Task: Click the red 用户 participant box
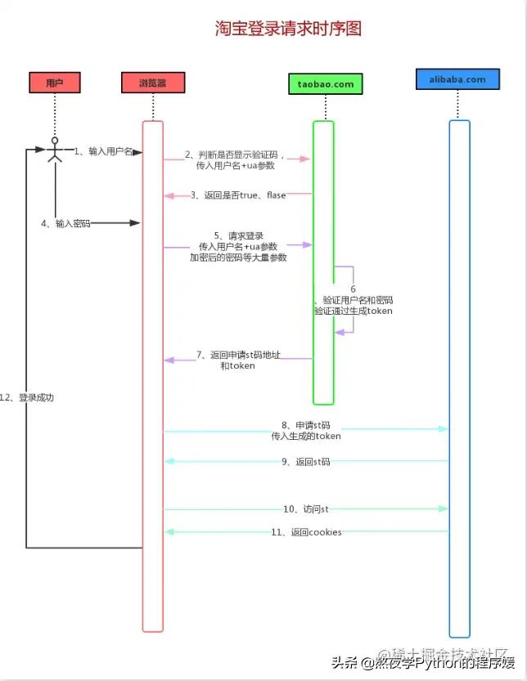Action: (55, 83)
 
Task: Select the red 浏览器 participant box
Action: (153, 83)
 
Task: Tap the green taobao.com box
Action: (326, 83)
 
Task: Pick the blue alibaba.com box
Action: (457, 80)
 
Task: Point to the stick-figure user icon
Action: (55, 150)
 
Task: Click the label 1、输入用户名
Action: (103, 151)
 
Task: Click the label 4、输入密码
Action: (66, 223)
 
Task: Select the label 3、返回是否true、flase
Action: (238, 195)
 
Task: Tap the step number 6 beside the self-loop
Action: (353, 289)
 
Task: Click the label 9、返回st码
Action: (306, 462)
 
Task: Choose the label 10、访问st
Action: (306, 509)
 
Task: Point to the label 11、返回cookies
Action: (306, 532)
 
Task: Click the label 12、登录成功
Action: (26, 397)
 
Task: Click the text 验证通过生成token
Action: (353, 311)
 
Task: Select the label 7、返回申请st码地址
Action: (238, 356)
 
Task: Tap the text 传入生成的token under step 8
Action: (306, 437)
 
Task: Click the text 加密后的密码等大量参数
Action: (238, 258)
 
